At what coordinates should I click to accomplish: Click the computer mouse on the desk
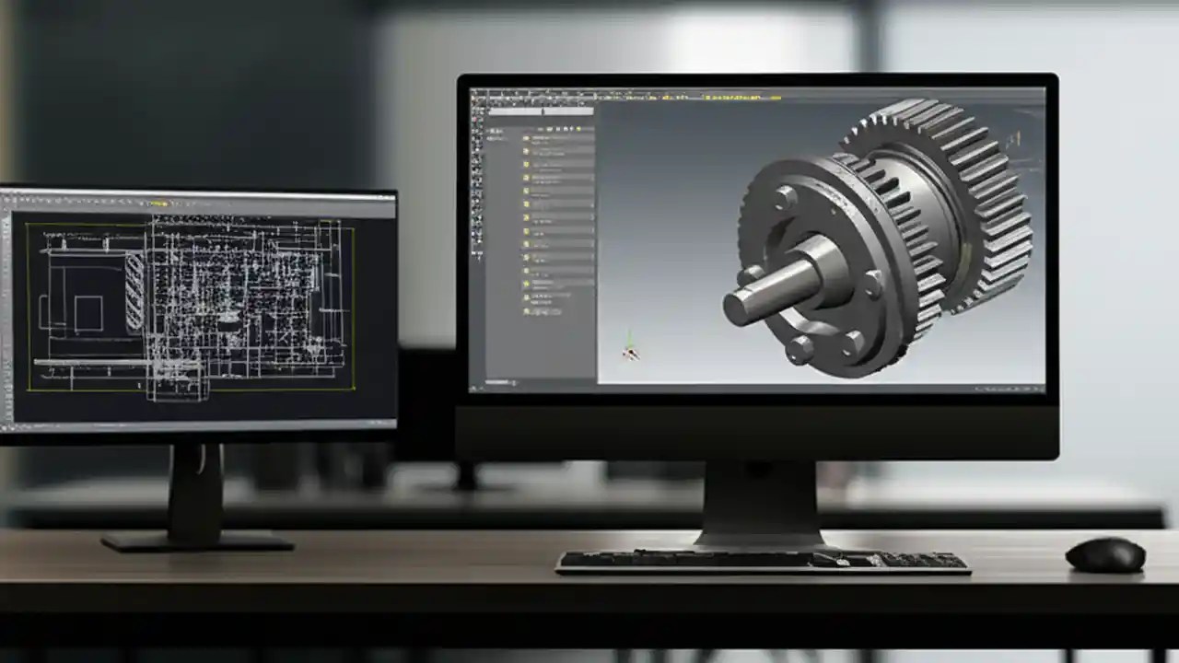[1105, 554]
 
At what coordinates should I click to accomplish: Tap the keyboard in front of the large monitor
[763, 561]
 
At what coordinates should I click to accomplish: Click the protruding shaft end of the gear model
[742, 307]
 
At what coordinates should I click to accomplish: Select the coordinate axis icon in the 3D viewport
[630, 349]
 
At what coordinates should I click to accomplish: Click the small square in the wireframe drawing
[88, 313]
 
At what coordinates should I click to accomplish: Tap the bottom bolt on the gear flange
[800, 349]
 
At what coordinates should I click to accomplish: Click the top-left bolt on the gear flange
[785, 198]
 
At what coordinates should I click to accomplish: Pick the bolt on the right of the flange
[870, 284]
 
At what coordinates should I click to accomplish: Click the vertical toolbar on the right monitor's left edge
[477, 184]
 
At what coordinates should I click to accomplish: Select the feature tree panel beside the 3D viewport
[543, 239]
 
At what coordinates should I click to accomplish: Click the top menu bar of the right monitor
[755, 94]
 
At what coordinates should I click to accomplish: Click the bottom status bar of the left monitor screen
[198, 425]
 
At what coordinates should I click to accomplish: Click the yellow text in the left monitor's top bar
[158, 203]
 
